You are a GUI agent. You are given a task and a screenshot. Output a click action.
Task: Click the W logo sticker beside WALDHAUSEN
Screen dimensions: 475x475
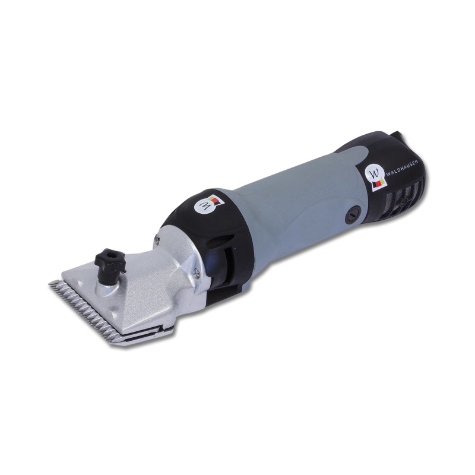coord(375,179)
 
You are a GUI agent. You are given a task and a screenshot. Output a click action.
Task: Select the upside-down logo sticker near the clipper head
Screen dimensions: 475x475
coord(210,204)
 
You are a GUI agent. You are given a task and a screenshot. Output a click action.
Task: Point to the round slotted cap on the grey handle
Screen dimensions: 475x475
coord(353,216)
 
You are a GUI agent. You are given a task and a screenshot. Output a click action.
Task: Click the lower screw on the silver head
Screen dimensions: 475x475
coord(197,273)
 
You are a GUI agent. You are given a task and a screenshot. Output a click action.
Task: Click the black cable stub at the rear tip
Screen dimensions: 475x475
coord(397,136)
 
